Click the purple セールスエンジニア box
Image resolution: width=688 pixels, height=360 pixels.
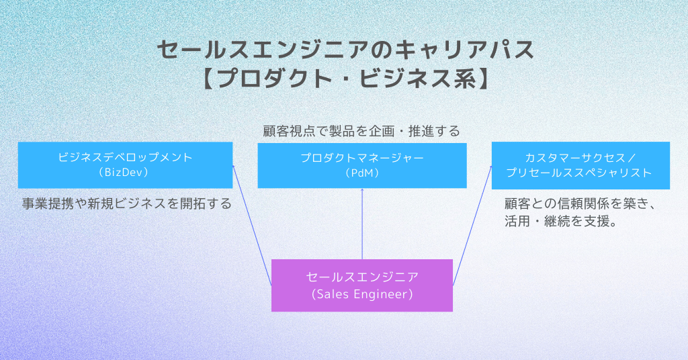pyautogui.click(x=361, y=285)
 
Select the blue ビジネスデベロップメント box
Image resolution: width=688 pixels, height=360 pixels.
pyautogui.click(x=125, y=165)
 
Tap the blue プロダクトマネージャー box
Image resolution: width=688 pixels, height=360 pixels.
pyautogui.click(x=361, y=165)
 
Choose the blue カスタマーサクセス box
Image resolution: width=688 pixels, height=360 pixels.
pyautogui.click(x=580, y=165)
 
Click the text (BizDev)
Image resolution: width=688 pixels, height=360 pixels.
pyautogui.click(x=125, y=173)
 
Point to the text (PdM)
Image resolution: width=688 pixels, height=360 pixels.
pyautogui.click(x=361, y=173)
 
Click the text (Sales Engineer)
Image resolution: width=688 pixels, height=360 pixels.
pyautogui.click(x=361, y=294)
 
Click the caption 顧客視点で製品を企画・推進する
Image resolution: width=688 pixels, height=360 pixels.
pyautogui.click(x=361, y=131)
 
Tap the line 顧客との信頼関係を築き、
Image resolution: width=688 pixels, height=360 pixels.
pyautogui.click(x=579, y=204)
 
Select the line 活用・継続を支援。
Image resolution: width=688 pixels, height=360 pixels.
pyautogui.click(x=560, y=222)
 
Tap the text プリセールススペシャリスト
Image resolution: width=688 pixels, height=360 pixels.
pyautogui.click(x=580, y=173)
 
